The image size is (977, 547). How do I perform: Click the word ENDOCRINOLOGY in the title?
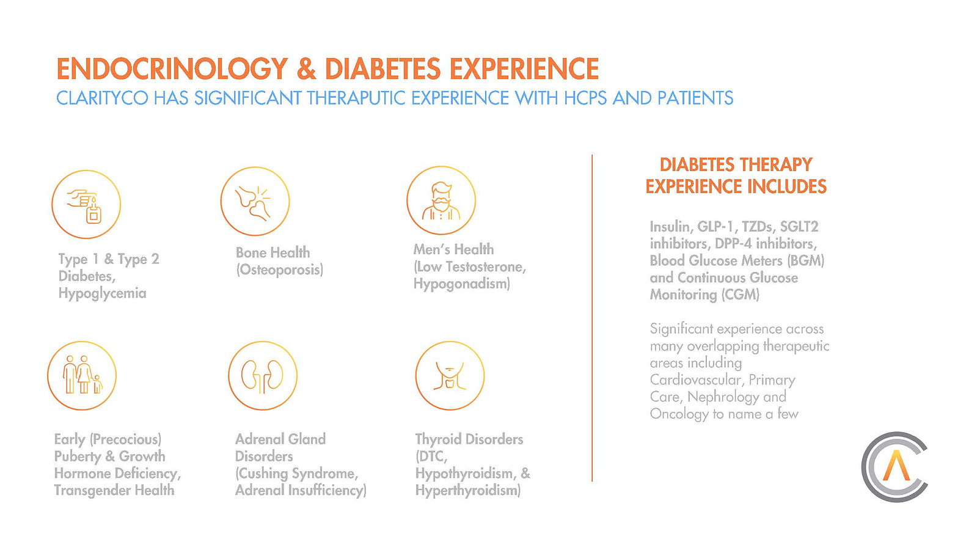coord(172,69)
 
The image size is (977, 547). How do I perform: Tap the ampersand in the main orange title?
coord(307,69)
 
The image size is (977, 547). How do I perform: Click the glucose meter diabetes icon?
coord(86,204)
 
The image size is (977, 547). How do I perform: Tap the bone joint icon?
coord(255,201)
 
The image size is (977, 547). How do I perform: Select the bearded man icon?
coord(441,200)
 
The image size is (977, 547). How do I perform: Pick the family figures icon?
coord(82,376)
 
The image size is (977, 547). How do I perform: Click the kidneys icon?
coord(263,376)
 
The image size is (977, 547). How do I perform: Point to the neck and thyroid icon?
coord(450,376)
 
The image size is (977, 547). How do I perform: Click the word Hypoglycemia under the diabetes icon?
coord(103,293)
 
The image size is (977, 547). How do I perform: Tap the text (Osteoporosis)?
coord(280,270)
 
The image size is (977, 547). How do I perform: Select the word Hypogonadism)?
coord(462,284)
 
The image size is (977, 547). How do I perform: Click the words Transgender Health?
coord(114,490)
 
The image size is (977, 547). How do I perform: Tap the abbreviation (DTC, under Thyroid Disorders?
coord(432,457)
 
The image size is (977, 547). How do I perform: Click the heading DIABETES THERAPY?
coord(736,165)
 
